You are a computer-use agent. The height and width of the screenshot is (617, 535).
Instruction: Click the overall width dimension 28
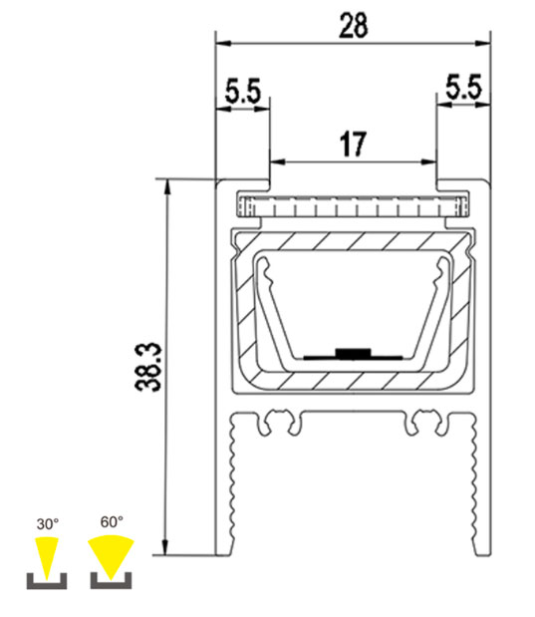coord(353,26)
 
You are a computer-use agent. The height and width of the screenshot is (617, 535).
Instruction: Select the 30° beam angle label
coord(48,521)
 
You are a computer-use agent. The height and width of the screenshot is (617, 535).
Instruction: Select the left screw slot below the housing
coord(280,423)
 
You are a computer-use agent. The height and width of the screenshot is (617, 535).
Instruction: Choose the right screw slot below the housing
coord(424,423)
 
